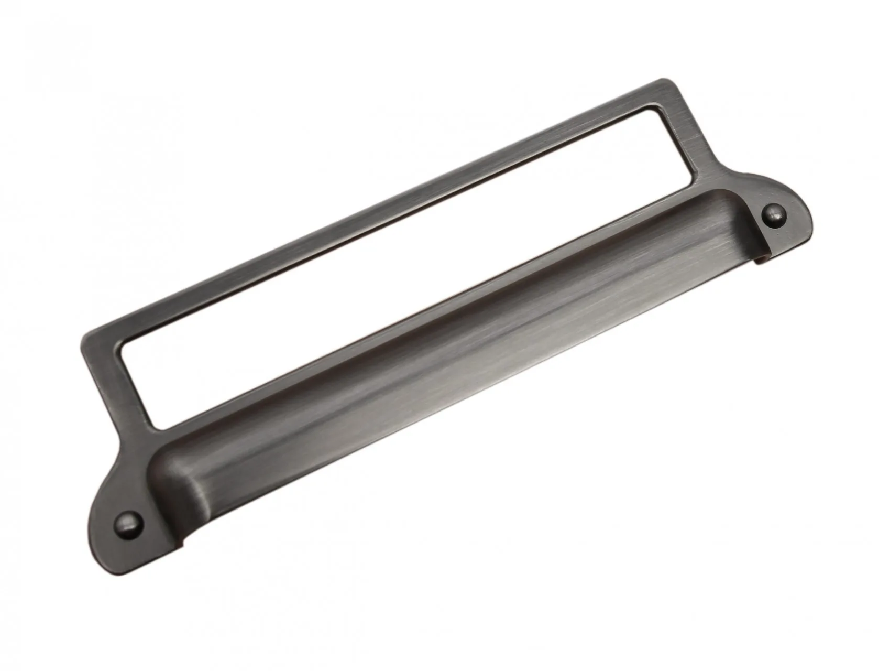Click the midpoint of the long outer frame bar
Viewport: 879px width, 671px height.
(x=372, y=210)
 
